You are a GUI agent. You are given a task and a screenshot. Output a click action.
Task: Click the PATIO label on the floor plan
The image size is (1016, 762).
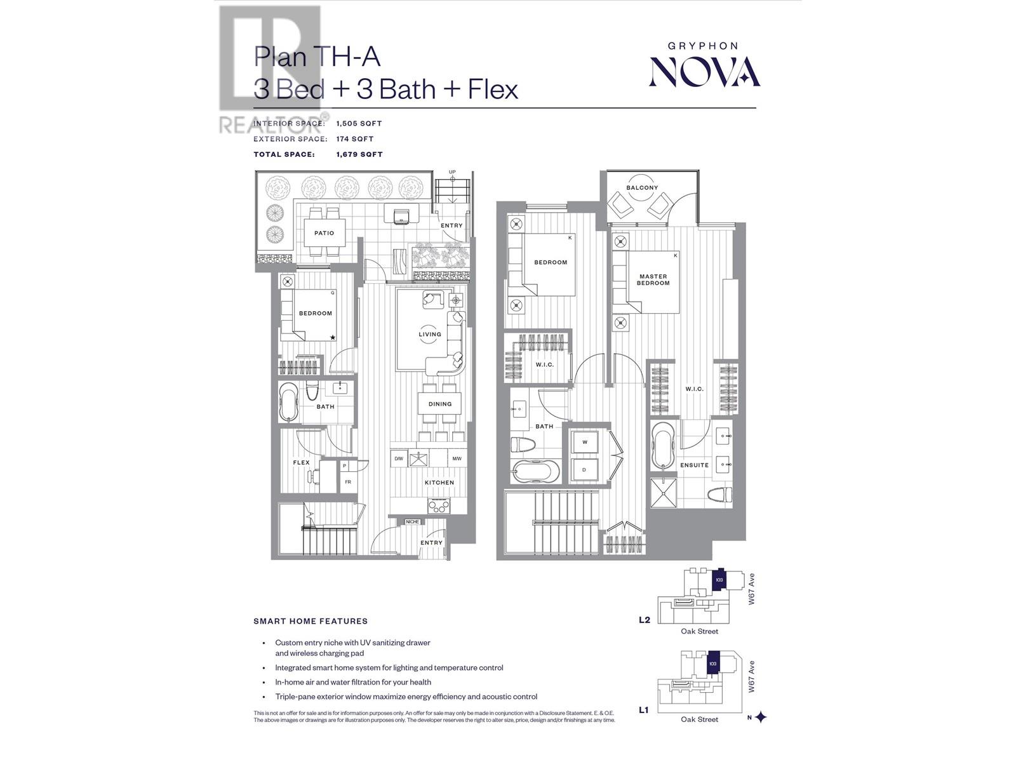tap(324, 233)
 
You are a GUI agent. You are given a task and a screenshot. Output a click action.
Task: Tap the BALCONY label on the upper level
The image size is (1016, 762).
tap(642, 188)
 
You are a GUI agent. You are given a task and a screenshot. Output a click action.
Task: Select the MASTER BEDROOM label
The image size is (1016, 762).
tap(653, 279)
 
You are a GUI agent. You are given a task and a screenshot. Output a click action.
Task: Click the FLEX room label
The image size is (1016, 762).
tap(302, 462)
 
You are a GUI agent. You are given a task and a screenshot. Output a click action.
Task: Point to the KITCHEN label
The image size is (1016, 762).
tap(439, 483)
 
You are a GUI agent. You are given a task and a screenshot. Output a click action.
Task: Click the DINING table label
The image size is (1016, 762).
tap(440, 404)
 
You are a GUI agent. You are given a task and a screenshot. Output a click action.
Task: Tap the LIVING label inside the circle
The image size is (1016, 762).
tap(430, 334)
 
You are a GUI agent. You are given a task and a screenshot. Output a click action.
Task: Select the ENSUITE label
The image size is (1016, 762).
tap(694, 465)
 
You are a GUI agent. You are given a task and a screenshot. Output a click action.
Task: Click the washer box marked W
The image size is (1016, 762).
tap(585, 442)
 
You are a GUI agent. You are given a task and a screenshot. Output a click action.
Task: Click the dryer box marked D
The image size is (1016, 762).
tap(585, 471)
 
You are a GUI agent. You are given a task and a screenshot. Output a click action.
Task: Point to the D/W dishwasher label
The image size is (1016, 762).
tap(399, 458)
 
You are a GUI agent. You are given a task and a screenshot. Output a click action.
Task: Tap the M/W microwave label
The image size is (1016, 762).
tap(457, 458)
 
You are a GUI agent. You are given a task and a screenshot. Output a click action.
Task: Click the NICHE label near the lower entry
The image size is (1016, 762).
tap(413, 522)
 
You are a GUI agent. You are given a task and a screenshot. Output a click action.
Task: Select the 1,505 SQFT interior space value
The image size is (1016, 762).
tap(359, 124)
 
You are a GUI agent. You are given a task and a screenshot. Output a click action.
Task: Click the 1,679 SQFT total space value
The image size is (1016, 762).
tap(359, 154)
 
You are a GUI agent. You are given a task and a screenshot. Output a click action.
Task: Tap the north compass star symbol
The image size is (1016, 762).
tap(761, 718)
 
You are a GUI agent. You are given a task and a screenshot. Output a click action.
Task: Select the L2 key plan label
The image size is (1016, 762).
tap(645, 620)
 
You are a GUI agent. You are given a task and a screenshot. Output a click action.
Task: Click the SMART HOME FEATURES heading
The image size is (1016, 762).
tap(311, 621)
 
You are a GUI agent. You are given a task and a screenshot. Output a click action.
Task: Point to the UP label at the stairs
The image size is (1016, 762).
tap(452, 172)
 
